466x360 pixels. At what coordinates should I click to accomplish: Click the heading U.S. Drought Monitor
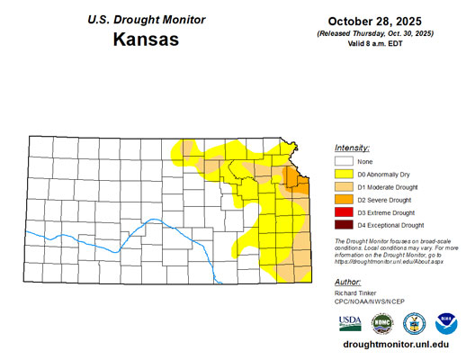pos(146,19)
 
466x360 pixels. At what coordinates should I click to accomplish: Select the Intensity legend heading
pos(352,147)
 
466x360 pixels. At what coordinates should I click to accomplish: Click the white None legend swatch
pos(342,161)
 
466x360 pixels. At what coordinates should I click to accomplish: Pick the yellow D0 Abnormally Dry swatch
pos(342,174)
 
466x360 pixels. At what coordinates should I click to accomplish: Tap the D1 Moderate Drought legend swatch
pos(342,186)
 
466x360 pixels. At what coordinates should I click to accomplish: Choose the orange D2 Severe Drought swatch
pos(342,199)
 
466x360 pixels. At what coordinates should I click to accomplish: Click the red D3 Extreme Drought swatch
pos(342,211)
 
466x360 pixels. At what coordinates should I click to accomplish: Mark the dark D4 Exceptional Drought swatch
pos(342,224)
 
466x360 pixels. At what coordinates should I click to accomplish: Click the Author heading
pos(347,282)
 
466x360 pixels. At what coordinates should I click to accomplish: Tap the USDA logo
pos(350,322)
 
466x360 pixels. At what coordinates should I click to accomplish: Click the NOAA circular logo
pos(445,322)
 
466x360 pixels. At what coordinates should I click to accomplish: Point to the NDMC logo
pos(381,322)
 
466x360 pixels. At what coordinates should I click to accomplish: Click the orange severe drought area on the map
pos(293,176)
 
